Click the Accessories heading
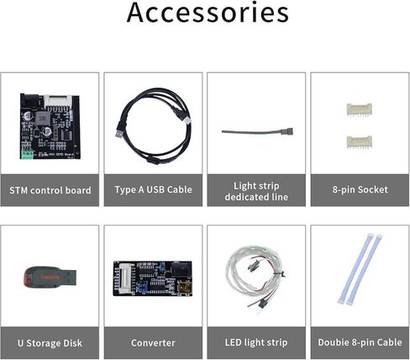pos(208,14)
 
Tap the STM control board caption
pos(50,189)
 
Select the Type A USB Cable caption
pos(153,189)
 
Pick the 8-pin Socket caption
pos(360,189)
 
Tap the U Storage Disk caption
pos(50,342)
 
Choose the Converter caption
pos(153,342)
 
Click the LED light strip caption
pos(256,342)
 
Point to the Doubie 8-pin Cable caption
pos(360,342)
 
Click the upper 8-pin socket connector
pos(360,109)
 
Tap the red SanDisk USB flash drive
pos(42,275)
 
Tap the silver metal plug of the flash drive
pos(69,274)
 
